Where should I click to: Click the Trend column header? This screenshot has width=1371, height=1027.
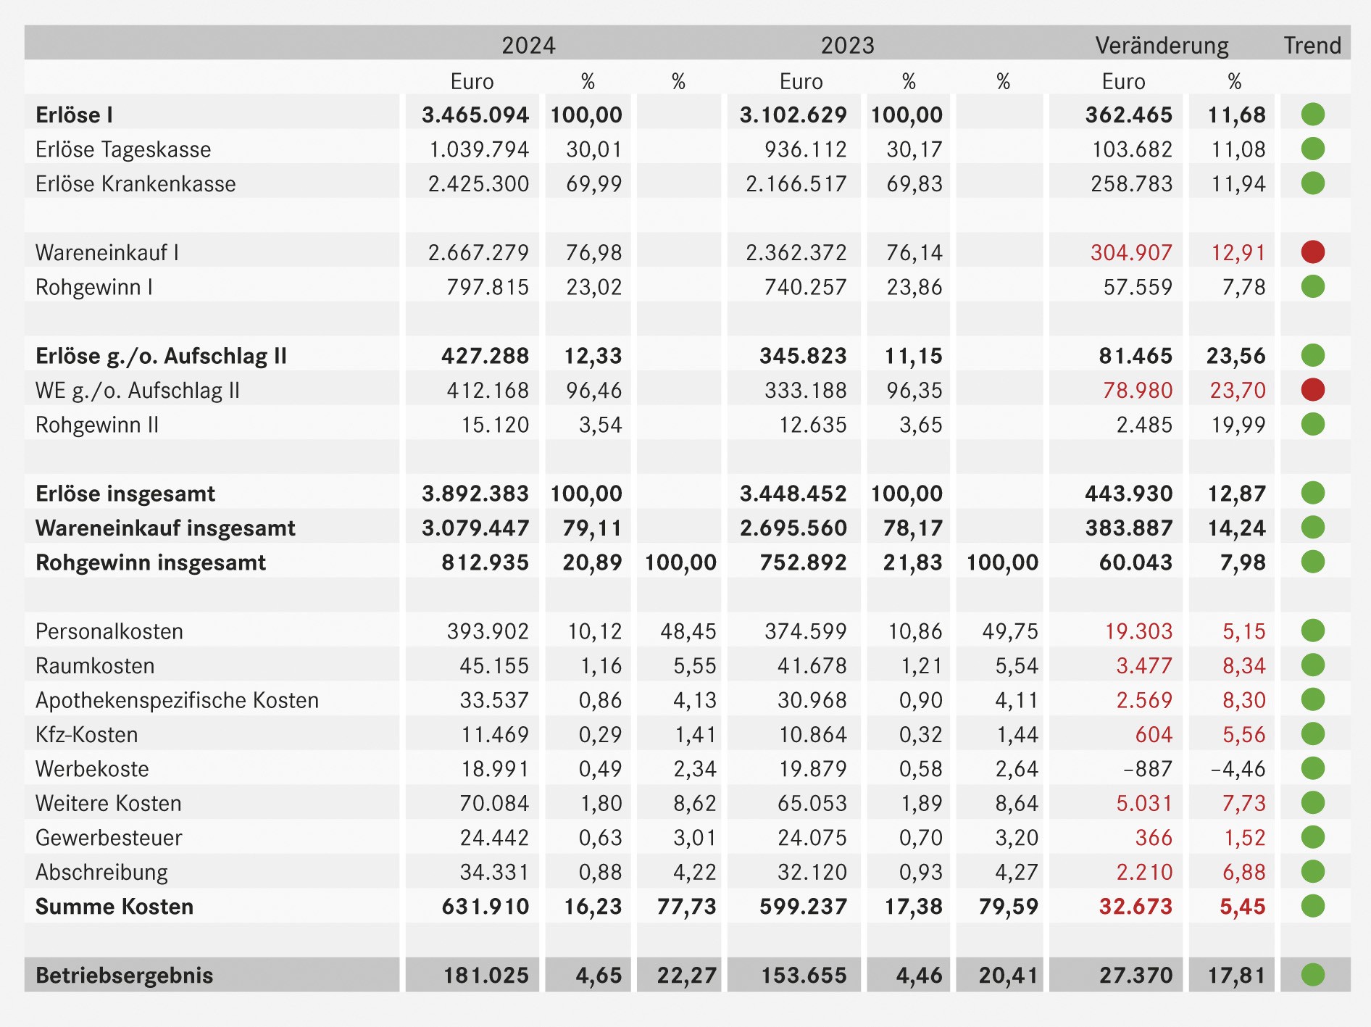1312,45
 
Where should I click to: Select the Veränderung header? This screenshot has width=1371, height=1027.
1162,45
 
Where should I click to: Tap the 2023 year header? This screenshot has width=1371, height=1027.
847,45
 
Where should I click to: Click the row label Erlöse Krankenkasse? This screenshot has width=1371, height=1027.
136,183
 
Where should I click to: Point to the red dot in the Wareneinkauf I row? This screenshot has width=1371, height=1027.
1312,252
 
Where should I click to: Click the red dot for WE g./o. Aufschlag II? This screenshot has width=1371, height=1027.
1312,390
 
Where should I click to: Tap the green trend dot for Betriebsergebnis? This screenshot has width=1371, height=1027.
1312,975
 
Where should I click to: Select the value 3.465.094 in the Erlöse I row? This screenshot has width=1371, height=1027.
475,115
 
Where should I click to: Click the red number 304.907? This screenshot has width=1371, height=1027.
1131,252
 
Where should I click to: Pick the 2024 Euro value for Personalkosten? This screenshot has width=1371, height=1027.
488,631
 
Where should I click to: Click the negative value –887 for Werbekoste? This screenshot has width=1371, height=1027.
1148,769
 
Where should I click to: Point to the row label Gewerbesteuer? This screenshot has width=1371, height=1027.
109,838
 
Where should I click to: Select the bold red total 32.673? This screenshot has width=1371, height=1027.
1135,907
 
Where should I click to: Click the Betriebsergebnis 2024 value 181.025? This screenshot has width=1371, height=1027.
486,976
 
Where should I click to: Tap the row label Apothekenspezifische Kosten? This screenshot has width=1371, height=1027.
178,700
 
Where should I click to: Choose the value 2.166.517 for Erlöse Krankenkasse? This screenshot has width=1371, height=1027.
796,183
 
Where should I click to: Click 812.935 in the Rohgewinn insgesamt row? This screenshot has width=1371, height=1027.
486,562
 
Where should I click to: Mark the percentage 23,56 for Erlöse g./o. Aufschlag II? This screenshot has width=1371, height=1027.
1235,356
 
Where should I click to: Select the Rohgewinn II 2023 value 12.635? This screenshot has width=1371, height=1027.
813,425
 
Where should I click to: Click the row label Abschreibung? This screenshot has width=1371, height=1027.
101,872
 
